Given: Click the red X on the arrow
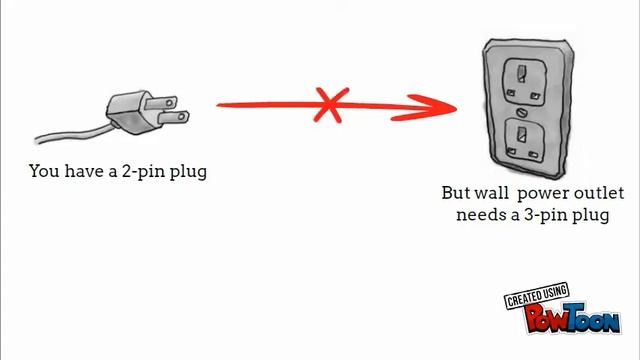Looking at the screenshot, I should click(x=332, y=103).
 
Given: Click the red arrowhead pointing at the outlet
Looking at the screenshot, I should click(x=441, y=107).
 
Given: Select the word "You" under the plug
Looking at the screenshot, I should click(x=45, y=171).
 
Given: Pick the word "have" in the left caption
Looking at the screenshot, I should click(x=84, y=171).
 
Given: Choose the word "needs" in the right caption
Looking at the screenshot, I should click(x=479, y=214).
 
